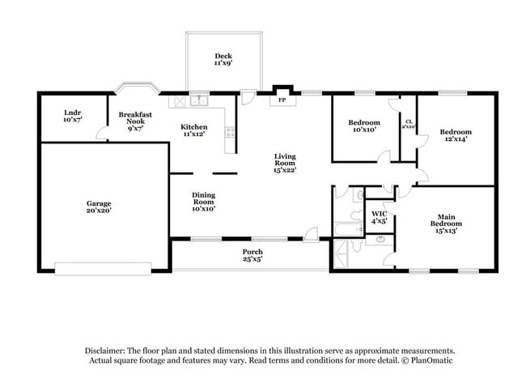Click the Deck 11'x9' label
(x=223, y=59)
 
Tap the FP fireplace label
(x=282, y=101)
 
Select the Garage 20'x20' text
(x=100, y=206)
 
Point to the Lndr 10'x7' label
(x=73, y=117)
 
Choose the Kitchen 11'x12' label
(x=194, y=130)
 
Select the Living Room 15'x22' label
(x=285, y=164)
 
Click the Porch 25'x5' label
(x=253, y=256)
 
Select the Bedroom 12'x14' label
(x=456, y=135)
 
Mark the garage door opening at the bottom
(x=104, y=266)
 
